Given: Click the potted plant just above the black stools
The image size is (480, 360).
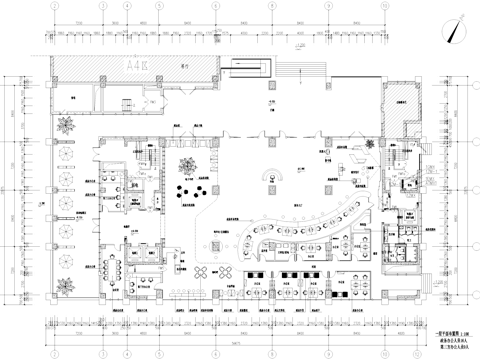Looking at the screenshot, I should coord(186,165).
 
